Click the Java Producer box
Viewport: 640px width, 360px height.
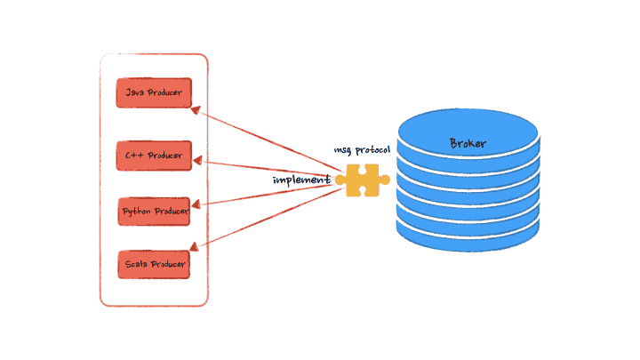(x=155, y=92)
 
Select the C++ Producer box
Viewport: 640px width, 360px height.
(x=155, y=156)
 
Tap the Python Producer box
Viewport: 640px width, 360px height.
(x=155, y=212)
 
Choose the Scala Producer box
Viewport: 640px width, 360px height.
(x=155, y=264)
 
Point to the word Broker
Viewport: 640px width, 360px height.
(x=468, y=143)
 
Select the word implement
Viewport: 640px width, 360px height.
(x=301, y=180)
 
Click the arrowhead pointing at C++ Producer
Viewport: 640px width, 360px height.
(x=198, y=162)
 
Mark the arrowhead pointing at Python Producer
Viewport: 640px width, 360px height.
(x=198, y=206)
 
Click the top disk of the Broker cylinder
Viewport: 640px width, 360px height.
(x=468, y=133)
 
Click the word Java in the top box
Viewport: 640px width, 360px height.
(x=135, y=92)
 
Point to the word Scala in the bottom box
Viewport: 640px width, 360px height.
(x=136, y=264)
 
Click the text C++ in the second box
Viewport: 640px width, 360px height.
(x=134, y=156)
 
